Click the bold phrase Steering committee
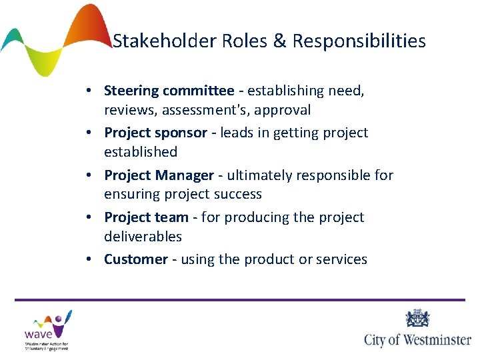tap(169, 90)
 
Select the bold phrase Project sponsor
tap(155, 133)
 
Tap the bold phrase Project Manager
tap(158, 175)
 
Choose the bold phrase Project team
tap(146, 217)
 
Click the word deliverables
tap(143, 237)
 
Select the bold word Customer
tap(135, 259)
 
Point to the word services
tap(341, 259)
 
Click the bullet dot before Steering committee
tap(88, 91)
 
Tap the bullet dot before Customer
tap(88, 260)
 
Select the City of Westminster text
tap(418, 339)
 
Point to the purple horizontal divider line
tap(240, 300)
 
